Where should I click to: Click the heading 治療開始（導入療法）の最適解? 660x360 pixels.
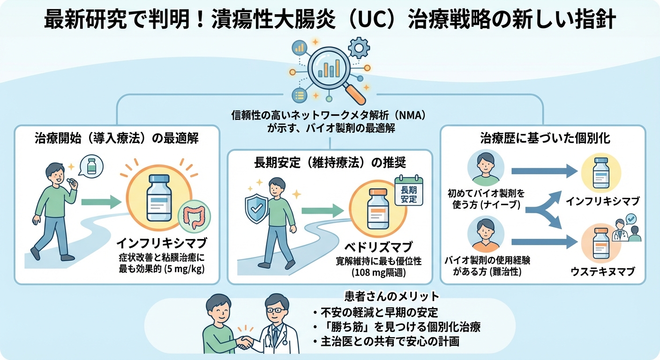tap(116, 139)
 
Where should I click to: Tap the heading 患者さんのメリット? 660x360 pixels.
tap(391, 296)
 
